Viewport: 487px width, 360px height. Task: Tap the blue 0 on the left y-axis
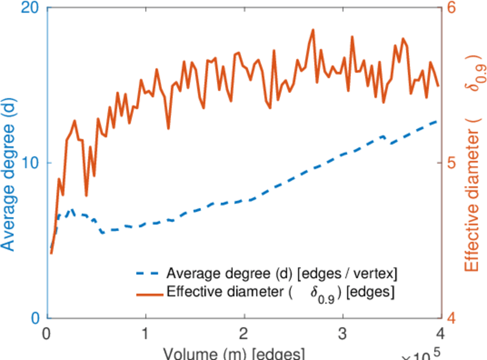click(x=34, y=317)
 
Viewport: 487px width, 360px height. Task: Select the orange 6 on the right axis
click(x=452, y=8)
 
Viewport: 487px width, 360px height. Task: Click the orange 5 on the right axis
click(x=452, y=163)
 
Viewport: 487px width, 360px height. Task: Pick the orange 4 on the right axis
click(x=452, y=317)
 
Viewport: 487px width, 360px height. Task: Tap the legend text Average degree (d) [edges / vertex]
click(x=282, y=274)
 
